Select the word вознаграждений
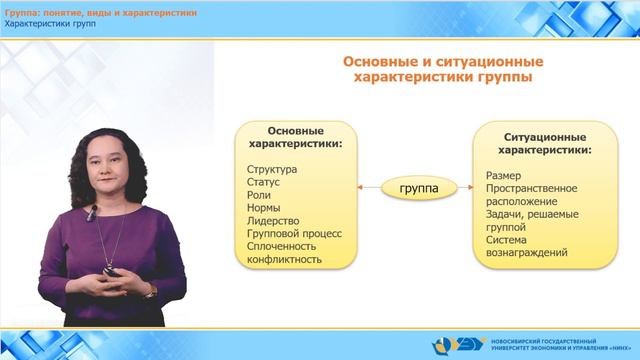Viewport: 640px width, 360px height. click(527, 254)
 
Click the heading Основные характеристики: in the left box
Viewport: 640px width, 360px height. click(294, 137)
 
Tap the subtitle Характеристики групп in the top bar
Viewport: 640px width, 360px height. click(50, 23)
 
